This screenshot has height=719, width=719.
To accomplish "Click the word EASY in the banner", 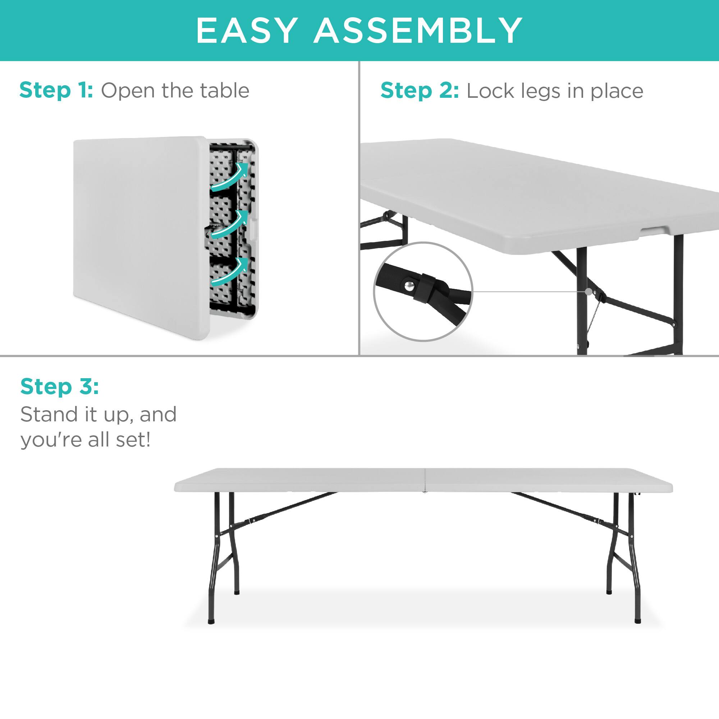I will pyautogui.click(x=246, y=31).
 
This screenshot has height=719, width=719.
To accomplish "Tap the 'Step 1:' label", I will pyautogui.click(x=56, y=91).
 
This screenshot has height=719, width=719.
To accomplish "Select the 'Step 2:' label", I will pyautogui.click(x=420, y=91).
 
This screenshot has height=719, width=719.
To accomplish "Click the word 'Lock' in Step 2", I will pyautogui.click(x=490, y=91).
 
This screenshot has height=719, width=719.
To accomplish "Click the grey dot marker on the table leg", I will pyautogui.click(x=589, y=292).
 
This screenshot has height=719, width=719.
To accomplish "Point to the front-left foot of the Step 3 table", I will pyautogui.click(x=211, y=621).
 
